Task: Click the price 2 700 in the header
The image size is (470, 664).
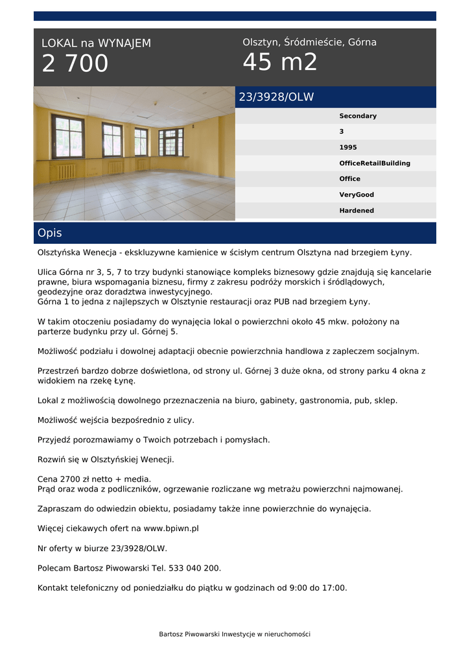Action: (x=75, y=64)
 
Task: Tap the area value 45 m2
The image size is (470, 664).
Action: (x=280, y=63)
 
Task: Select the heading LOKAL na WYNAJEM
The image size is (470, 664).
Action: (x=96, y=43)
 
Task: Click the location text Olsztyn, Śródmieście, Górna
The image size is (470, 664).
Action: (x=309, y=42)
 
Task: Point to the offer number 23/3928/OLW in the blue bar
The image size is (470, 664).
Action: (x=276, y=97)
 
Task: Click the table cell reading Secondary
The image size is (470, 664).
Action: (x=358, y=116)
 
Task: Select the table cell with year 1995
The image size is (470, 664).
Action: (x=348, y=147)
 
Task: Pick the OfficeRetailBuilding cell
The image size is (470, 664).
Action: (x=375, y=163)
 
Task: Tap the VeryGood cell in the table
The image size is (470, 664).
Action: (x=357, y=195)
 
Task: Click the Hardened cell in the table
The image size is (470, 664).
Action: (x=357, y=211)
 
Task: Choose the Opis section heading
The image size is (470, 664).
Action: (x=50, y=233)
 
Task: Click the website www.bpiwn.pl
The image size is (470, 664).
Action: (x=171, y=528)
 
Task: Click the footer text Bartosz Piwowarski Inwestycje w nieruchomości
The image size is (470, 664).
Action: (x=235, y=634)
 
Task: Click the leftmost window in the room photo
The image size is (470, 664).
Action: (x=67, y=137)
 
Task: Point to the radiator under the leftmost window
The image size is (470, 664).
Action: (x=65, y=172)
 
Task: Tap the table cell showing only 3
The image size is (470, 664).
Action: (x=342, y=132)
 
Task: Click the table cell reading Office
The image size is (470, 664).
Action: (x=350, y=179)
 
